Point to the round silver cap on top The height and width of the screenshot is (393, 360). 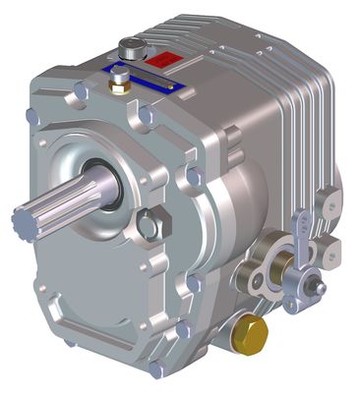(131, 46)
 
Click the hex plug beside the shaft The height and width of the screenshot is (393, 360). (149, 225)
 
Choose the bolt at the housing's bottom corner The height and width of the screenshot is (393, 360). (156, 369)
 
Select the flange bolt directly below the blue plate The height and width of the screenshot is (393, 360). (145, 116)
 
